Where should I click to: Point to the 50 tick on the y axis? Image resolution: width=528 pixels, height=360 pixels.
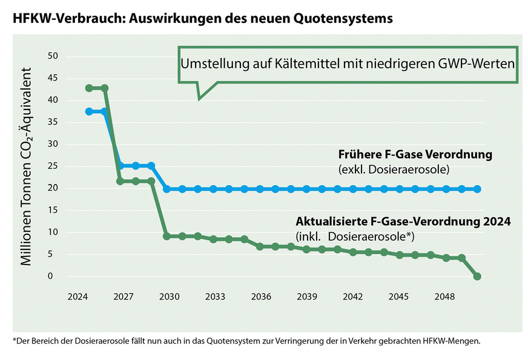[53, 56]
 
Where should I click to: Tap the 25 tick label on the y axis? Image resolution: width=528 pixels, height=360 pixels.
[53, 166]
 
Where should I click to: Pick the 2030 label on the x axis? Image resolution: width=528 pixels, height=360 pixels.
[169, 297]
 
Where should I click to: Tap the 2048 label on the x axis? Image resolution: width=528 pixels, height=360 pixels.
[445, 297]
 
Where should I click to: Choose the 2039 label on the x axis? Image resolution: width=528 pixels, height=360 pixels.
[307, 297]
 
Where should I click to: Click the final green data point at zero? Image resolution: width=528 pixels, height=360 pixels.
[477, 277]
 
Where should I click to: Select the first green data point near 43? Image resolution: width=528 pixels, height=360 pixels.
[89, 88]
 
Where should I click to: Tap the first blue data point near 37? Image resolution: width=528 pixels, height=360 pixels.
[89, 111]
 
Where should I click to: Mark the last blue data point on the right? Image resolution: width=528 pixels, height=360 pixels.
[477, 189]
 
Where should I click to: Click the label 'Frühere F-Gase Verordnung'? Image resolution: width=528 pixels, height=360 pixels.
[415, 155]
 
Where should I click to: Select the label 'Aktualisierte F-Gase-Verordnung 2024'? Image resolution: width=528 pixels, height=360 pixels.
[403, 221]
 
